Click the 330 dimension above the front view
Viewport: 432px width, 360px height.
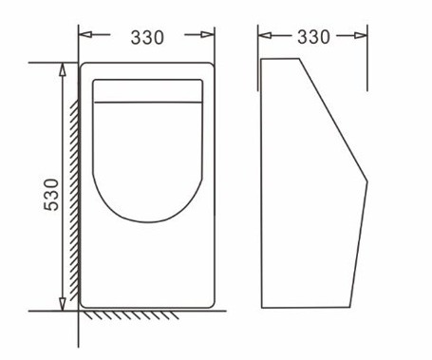pyautogui.click(x=147, y=37)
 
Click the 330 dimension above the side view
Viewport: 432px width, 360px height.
pyautogui.click(x=313, y=37)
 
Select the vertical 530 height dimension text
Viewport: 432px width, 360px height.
pyautogui.click(x=51, y=195)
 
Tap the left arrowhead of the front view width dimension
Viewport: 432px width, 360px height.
pyautogui.click(x=85, y=34)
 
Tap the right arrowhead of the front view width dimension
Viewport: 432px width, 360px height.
pyautogui.click(x=208, y=34)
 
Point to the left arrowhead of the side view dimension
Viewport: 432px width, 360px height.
pyautogui.click(x=265, y=35)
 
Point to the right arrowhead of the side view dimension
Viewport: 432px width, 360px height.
pyautogui.click(x=361, y=35)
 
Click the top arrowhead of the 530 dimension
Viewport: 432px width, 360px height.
pyautogui.click(x=63, y=69)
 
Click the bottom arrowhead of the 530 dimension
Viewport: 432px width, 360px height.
pyautogui.click(x=63, y=304)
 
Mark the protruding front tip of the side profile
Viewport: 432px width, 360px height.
pyautogui.click(x=367, y=181)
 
